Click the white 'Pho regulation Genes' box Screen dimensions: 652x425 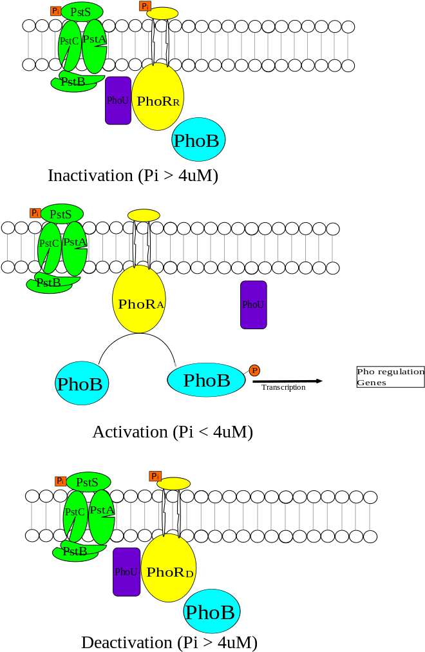[x=390, y=377]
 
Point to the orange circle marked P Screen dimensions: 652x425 [x=254, y=370]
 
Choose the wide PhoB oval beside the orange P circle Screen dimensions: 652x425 [x=206, y=380]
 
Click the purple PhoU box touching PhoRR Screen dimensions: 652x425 [x=118, y=101]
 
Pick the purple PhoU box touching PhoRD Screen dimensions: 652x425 [x=126, y=571]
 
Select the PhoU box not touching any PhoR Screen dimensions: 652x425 [x=253, y=305]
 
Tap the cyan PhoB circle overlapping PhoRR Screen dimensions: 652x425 [x=198, y=140]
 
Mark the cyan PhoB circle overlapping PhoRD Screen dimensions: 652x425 [x=212, y=611]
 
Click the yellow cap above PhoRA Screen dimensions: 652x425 [x=144, y=215]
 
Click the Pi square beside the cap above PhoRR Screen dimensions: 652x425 [x=145, y=6]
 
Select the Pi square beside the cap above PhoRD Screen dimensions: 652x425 [x=155, y=476]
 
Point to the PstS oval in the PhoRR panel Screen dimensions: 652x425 [x=82, y=12]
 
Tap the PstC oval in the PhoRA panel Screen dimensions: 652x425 [x=49, y=247]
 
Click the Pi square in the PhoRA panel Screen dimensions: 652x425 [x=35, y=213]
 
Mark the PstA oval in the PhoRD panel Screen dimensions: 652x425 [x=102, y=515]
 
